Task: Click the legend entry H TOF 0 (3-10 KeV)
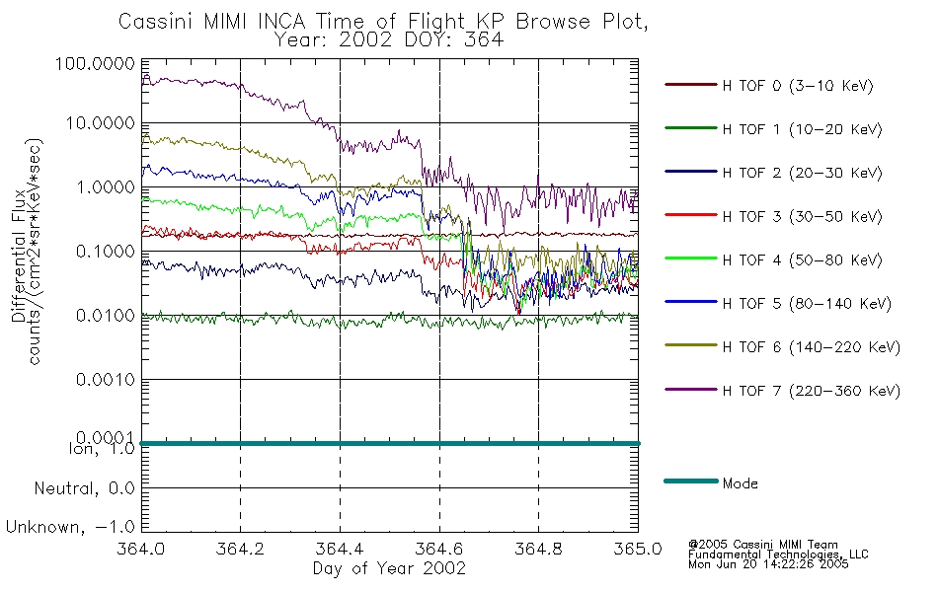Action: click(798, 86)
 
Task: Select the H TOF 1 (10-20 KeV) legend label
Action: click(802, 129)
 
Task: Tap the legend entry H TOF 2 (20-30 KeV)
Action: click(802, 173)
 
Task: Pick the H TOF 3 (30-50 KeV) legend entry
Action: click(802, 216)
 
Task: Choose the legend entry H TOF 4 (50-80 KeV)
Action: click(802, 260)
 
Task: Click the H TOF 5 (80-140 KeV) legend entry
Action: click(807, 304)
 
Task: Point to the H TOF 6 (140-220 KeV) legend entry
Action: click(812, 347)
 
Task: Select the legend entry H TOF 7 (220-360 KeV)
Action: click(812, 391)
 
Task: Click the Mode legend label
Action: click(740, 483)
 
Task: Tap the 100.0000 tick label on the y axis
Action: click(95, 63)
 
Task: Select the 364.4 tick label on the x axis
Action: click(340, 549)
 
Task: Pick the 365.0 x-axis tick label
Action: click(638, 549)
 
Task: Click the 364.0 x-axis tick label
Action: click(141, 549)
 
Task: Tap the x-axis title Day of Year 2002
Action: click(389, 568)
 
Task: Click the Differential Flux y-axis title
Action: click(18, 256)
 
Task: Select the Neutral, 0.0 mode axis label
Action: click(84, 489)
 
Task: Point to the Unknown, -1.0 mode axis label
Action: click(70, 527)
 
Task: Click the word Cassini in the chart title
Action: click(157, 22)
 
